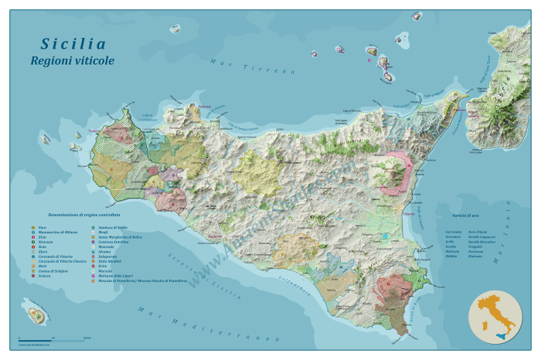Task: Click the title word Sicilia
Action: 73,44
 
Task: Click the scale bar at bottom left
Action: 51,339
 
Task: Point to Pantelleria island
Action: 35,314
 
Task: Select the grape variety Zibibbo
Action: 452,256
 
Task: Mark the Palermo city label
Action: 203,107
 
